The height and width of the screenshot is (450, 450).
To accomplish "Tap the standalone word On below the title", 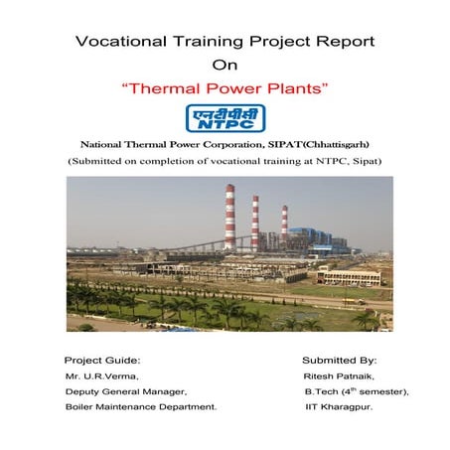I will (x=225, y=67).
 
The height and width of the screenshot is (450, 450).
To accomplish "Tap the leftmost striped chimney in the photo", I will (x=229, y=217).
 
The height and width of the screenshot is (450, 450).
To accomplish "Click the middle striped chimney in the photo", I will (x=255, y=223).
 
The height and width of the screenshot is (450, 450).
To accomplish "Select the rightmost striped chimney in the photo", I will (x=284, y=226).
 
